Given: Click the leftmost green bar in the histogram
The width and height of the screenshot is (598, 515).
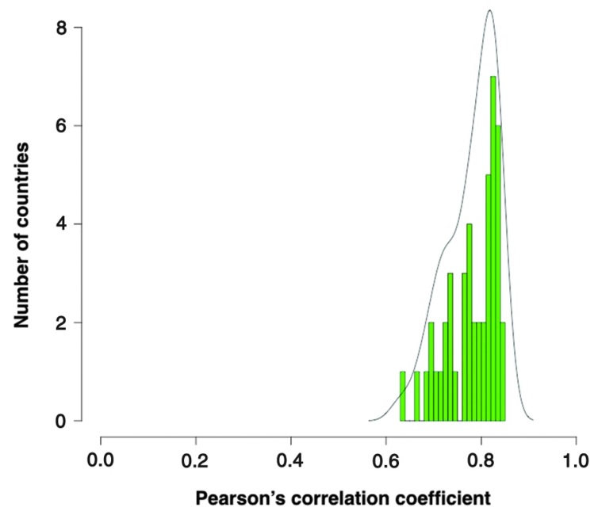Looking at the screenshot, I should click(403, 396).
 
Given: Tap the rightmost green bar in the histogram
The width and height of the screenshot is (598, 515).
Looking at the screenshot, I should click(503, 372).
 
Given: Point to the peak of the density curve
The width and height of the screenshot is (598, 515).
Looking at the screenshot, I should click(490, 10).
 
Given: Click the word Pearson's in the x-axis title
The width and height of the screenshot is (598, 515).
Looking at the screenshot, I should click(241, 498).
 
